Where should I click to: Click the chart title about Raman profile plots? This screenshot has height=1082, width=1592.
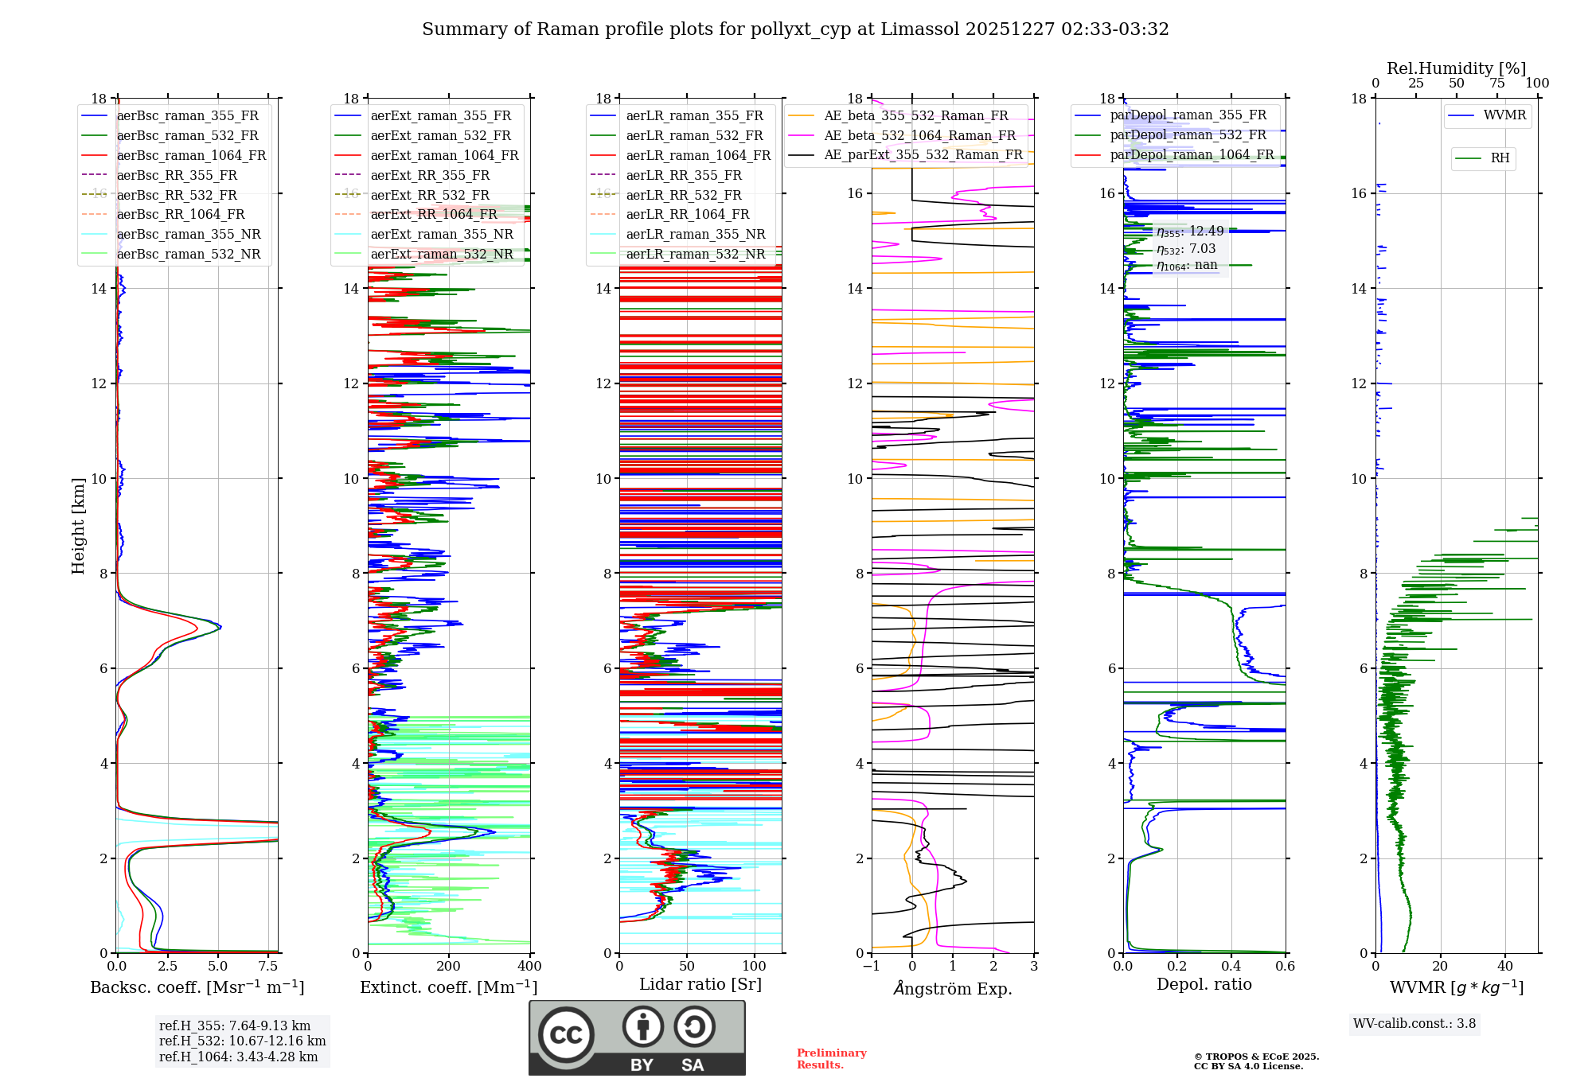point(795,29)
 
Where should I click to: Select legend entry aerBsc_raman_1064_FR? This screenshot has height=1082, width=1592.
point(191,155)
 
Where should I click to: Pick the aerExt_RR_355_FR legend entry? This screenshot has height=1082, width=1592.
point(430,175)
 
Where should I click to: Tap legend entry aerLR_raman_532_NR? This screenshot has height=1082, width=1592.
point(695,255)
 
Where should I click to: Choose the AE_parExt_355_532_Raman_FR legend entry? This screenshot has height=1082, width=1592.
point(923,154)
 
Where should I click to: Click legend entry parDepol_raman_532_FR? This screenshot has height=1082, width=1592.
point(1188,135)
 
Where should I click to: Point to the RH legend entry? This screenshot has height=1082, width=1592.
point(1500,158)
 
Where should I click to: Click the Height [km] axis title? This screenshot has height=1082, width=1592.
point(78,525)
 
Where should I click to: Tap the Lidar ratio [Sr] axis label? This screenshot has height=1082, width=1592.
point(700,984)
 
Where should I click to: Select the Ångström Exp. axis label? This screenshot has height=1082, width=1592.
point(953,988)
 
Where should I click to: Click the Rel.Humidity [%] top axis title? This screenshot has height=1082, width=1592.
point(1456,68)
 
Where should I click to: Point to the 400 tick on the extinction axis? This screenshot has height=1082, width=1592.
point(529,967)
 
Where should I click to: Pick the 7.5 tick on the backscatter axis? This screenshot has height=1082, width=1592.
point(268,967)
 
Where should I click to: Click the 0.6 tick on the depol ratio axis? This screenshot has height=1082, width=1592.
point(1285,967)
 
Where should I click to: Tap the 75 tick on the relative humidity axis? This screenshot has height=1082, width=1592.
point(1497,84)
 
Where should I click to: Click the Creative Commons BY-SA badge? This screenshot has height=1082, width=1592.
point(637,1037)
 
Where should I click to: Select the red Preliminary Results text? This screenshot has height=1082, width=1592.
point(831,1058)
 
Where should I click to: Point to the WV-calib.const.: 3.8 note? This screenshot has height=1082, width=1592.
point(1414,1024)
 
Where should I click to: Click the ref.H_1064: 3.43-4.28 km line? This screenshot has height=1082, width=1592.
point(238,1057)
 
